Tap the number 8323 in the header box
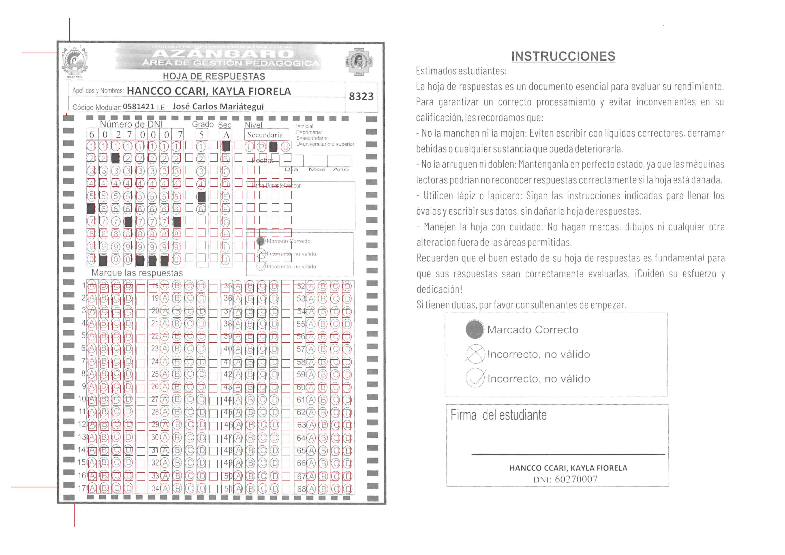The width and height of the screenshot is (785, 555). coord(361,96)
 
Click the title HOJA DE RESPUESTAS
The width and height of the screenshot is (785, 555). coord(214,76)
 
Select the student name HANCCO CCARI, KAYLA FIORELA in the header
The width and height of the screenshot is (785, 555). coord(209,91)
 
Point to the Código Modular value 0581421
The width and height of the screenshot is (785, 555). coord(139,107)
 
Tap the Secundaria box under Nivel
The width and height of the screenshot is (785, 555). coord(265,135)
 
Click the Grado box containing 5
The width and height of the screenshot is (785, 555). coord(201,135)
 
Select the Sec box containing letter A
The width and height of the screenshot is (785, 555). coord(226,135)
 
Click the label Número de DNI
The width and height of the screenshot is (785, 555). coord(131,124)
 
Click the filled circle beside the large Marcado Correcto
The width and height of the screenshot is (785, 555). coord(475,329)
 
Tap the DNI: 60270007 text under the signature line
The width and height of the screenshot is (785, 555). coord(565,479)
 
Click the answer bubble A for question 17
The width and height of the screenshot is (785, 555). coord(92,488)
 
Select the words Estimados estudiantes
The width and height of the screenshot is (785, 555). coord(461,71)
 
